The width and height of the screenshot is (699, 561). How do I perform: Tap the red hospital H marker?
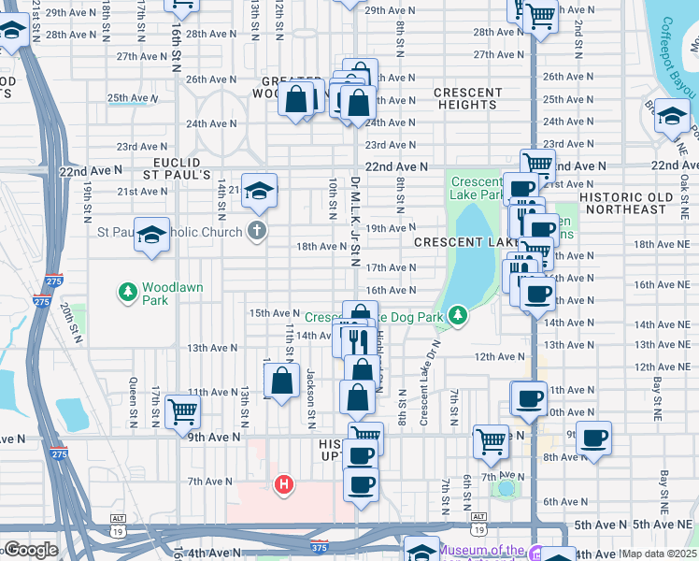[284, 483]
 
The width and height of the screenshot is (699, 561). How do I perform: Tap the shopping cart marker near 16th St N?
[181, 410]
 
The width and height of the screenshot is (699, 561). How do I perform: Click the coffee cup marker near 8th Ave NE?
[593, 437]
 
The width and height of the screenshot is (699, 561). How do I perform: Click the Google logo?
[30, 551]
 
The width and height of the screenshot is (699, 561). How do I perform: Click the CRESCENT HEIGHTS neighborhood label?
[467, 98]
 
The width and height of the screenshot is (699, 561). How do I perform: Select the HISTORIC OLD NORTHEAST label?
[638, 203]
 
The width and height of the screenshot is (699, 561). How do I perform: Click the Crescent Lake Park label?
[477, 189]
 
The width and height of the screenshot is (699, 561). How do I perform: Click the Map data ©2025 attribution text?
[659, 554]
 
